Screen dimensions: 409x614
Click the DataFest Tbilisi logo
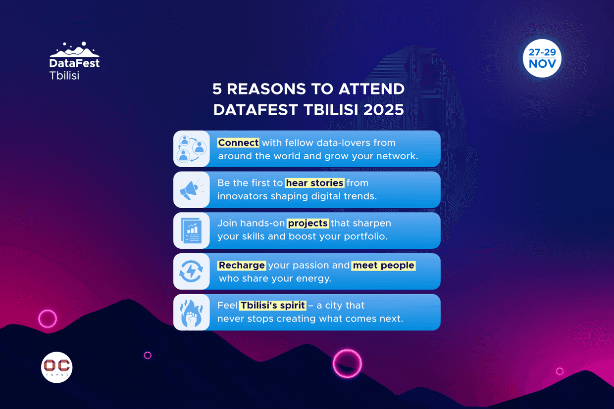pos(74,61)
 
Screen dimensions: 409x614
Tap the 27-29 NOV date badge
pos(542,58)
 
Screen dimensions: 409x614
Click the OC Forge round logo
pos(57,367)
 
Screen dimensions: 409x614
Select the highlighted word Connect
pos(238,142)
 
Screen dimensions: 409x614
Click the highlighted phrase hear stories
pos(314,183)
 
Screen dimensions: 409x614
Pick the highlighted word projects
pos(308,223)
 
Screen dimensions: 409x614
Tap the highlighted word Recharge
pos(242,265)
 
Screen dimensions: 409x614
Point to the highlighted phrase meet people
pos(383,265)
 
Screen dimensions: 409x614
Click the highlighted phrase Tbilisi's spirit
pos(272,305)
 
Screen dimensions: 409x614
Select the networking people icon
pos(192,149)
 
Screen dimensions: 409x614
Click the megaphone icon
pos(191,190)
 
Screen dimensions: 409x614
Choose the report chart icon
pos(191,230)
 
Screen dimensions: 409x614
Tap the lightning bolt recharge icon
pos(191,272)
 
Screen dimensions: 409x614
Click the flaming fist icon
pos(191,313)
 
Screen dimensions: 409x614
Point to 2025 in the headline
pos(383,110)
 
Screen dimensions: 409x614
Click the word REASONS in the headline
pos(265,89)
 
